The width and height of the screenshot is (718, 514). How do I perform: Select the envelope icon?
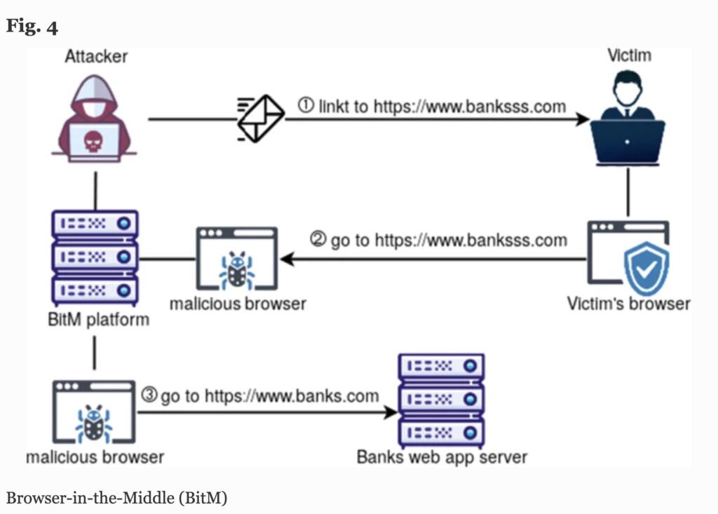pyautogui.click(x=260, y=119)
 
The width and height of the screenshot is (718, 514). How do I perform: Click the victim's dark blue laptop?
pyautogui.click(x=627, y=141)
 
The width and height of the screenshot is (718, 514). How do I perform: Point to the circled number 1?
pyautogui.click(x=306, y=106)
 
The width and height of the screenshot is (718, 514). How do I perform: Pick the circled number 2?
pyautogui.click(x=318, y=241)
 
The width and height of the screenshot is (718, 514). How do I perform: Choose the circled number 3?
pyautogui.click(x=149, y=395)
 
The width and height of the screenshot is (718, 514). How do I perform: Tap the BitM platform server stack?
pyautogui.click(x=95, y=256)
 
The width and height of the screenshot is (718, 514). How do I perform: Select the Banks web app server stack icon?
pyautogui.click(x=441, y=398)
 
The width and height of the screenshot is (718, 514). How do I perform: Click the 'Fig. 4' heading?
pyautogui.click(x=32, y=27)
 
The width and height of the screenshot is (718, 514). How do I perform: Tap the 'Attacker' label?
pyautogui.click(x=96, y=56)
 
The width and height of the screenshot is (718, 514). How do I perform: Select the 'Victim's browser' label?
pyautogui.click(x=628, y=304)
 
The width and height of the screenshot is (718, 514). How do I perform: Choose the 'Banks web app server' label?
pyautogui.click(x=442, y=457)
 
